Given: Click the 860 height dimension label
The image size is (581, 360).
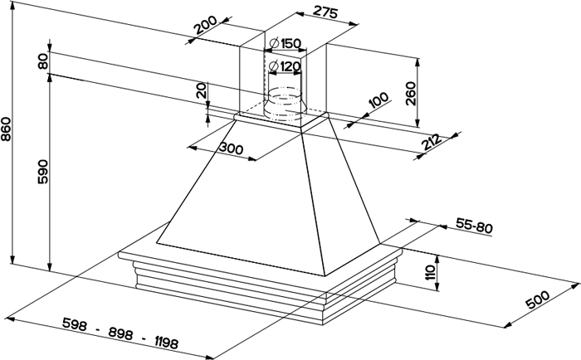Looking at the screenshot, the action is [x=7, y=129].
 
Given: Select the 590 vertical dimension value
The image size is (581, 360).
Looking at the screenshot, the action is [x=43, y=172].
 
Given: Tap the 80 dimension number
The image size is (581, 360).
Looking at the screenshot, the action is [x=43, y=61].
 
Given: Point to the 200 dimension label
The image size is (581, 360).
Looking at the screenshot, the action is [x=206, y=24].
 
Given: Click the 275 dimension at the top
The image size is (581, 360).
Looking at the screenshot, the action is [x=325, y=12].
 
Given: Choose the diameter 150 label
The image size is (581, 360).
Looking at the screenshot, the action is [x=286, y=43].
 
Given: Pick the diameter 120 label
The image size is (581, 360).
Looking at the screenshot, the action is [x=285, y=66].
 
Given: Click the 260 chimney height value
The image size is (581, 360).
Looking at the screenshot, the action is [x=411, y=94].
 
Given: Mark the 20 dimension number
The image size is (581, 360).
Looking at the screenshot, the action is [x=201, y=90].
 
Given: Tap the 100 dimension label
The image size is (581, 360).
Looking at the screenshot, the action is [x=378, y=100].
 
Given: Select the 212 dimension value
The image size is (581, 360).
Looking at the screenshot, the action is [x=431, y=142].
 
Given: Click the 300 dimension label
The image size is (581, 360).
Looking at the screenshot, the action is [x=231, y=148].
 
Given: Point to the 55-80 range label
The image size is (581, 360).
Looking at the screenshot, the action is [x=474, y=226].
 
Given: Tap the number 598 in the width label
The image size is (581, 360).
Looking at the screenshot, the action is [x=75, y=324].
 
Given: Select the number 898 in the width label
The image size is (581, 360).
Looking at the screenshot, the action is [x=120, y=333].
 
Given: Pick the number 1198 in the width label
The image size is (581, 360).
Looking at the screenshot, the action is [x=166, y=343].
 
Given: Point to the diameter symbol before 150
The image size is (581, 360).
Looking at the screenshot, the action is [x=274, y=43].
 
